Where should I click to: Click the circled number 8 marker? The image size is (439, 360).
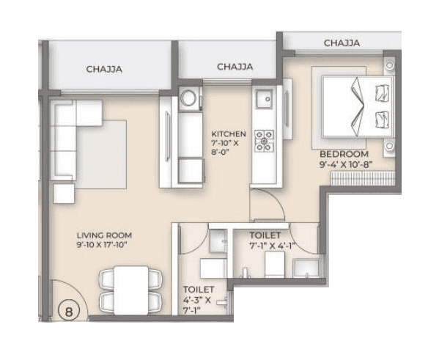[x=70, y=311]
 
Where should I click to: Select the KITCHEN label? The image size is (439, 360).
[x=229, y=134]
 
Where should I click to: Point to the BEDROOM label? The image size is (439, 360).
[x=343, y=154]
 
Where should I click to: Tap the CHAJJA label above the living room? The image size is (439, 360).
[x=103, y=70]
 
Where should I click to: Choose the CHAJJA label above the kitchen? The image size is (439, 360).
[x=235, y=67]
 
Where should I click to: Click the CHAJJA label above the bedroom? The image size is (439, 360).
[x=342, y=43]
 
